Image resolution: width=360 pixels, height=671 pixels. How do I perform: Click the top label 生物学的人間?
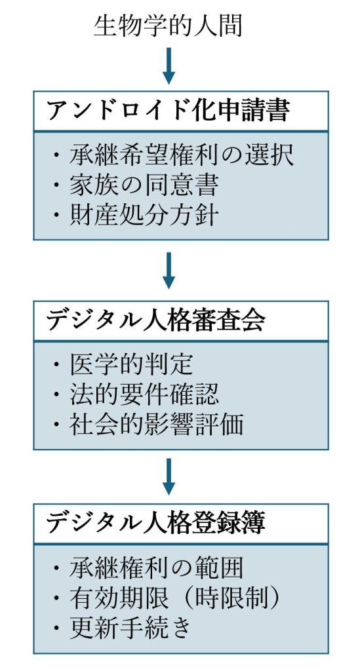pyautogui.click(x=168, y=26)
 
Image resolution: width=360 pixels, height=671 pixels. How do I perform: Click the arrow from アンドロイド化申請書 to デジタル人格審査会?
pyautogui.click(x=169, y=271)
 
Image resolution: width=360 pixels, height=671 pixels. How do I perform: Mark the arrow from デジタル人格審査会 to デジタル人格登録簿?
pyautogui.click(x=169, y=477)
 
